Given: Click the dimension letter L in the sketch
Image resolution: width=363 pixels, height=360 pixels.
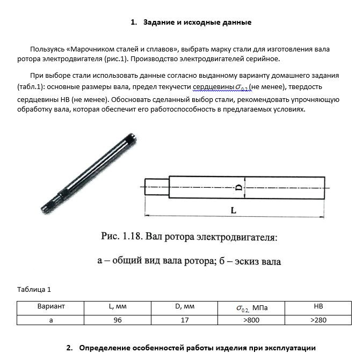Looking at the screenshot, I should pos(234,211).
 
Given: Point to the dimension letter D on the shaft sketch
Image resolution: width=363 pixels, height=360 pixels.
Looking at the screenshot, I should pos(238,188).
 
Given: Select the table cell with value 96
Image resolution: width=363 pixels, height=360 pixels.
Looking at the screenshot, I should pos(118,320).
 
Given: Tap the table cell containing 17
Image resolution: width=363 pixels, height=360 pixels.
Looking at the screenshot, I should pos(184,320).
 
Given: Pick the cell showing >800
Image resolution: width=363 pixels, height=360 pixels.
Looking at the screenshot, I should pos(251,320).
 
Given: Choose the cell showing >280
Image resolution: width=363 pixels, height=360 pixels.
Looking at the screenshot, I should pos(318,320).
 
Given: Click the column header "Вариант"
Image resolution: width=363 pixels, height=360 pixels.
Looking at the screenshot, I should pos(51,306).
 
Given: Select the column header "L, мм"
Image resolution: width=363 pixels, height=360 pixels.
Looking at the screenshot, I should pos(118,306).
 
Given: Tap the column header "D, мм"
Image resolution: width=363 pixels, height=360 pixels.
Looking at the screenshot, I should pos(184,306).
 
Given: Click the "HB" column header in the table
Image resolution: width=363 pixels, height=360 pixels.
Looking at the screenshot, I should pos(318,306).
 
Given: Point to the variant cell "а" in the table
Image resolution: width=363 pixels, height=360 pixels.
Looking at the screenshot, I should pos(51,320).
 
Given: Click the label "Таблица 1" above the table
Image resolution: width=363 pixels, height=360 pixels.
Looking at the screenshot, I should pos(34,289).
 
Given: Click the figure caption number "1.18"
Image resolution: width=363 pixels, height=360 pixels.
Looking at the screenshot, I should pos(133,237).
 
